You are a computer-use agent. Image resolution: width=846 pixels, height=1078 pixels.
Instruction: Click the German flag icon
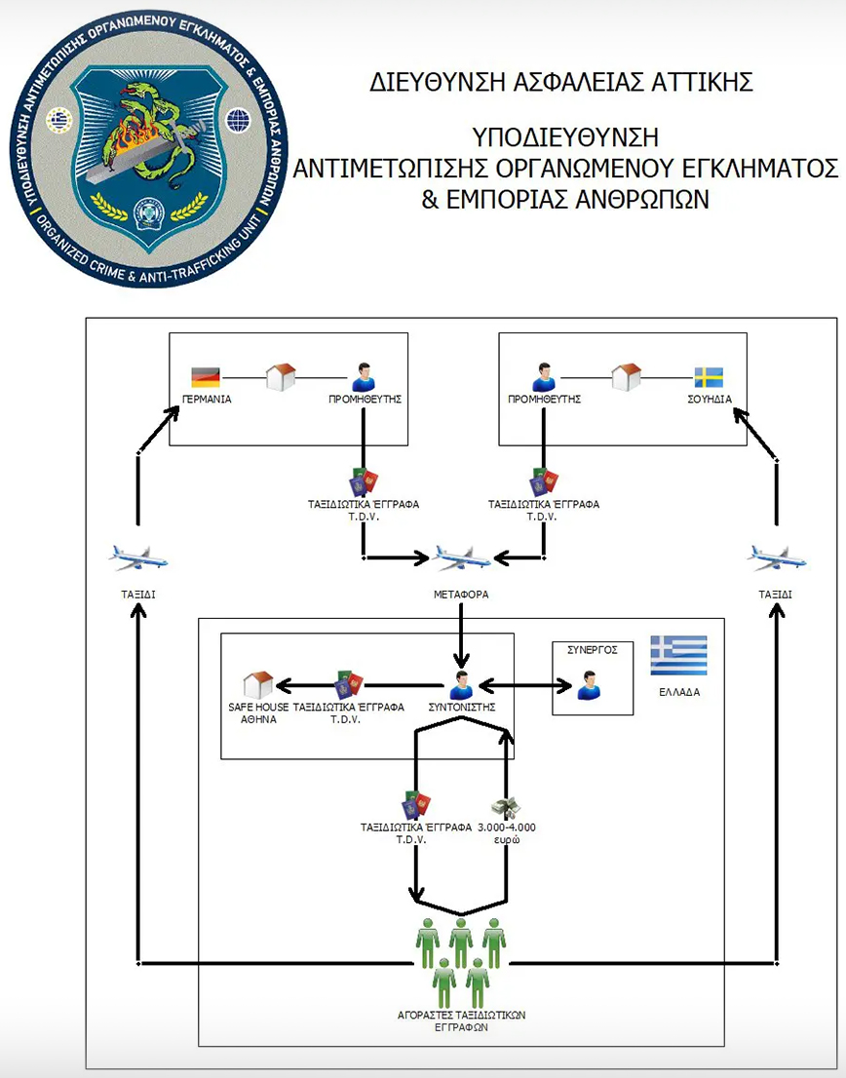pyautogui.click(x=206, y=376)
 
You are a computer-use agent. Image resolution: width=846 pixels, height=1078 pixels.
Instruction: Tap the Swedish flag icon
pyautogui.click(x=708, y=376)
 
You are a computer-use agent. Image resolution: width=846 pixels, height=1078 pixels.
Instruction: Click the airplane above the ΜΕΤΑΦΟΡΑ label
pyautogui.click(x=462, y=558)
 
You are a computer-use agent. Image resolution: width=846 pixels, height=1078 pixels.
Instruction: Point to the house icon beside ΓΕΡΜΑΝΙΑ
pyautogui.click(x=281, y=376)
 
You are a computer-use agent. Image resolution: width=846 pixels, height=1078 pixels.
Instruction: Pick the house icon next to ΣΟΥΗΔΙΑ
pyautogui.click(x=625, y=376)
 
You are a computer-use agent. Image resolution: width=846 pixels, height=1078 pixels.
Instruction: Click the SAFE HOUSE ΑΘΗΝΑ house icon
pyautogui.click(x=257, y=683)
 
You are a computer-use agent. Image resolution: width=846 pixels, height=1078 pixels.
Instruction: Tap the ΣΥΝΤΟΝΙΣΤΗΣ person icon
pyautogui.click(x=462, y=684)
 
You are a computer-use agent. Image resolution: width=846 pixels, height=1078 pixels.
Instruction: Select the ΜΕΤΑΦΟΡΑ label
pyautogui.click(x=461, y=594)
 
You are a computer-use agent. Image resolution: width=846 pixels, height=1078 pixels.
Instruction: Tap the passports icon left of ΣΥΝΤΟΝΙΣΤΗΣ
pyautogui.click(x=348, y=683)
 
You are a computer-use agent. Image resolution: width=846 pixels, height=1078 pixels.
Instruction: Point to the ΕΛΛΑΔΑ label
pyautogui.click(x=678, y=692)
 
